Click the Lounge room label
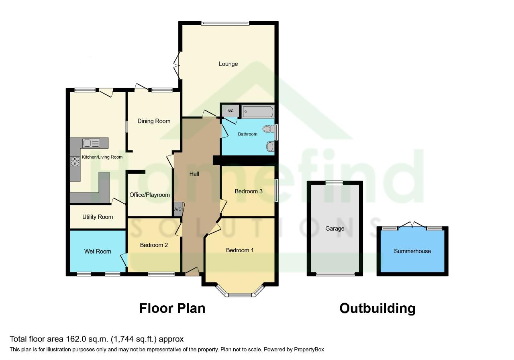(228, 64)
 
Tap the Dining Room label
(154, 121)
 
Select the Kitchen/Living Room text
(102, 157)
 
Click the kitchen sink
(91, 143)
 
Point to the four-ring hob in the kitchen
(75, 161)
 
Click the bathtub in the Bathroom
(258, 112)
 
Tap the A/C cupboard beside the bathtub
(230, 111)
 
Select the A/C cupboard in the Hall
(178, 209)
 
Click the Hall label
(194, 174)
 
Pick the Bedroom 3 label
(248, 191)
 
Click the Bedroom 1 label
(240, 250)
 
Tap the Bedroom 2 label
(154, 245)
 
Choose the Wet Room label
(98, 252)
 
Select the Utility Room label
(98, 217)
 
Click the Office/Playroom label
(150, 195)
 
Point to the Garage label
(335, 229)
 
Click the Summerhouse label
(412, 251)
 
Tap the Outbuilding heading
(377, 308)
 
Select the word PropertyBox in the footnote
(309, 350)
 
